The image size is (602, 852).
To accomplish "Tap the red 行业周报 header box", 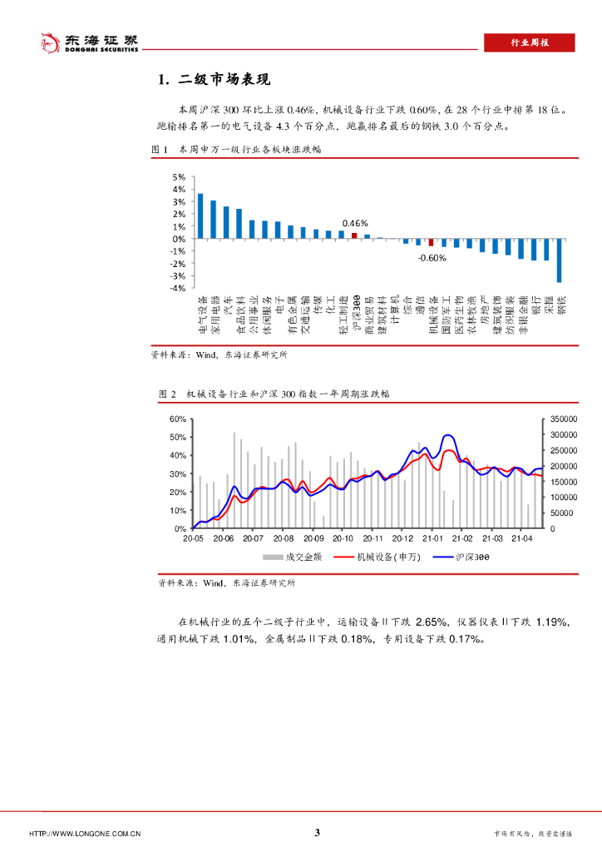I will [x=529, y=43].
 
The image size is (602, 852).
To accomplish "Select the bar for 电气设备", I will [x=200, y=216].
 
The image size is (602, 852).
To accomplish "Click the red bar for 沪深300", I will [x=354, y=235].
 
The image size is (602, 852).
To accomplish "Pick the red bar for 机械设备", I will [x=432, y=242].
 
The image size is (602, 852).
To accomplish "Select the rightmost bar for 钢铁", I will [x=560, y=260].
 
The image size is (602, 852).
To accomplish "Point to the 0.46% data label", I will [x=355, y=223].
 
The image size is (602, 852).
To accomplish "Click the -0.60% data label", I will [x=432, y=258].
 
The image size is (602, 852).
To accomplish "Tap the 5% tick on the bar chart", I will [x=179, y=177].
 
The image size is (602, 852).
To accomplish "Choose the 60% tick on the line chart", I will [x=177, y=419].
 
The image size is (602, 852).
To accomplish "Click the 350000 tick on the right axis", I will [x=563, y=419].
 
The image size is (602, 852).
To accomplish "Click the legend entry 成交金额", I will [x=292, y=557].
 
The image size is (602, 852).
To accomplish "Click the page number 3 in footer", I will [x=318, y=833].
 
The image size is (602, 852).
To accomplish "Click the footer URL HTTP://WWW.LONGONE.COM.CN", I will [x=84, y=834].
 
